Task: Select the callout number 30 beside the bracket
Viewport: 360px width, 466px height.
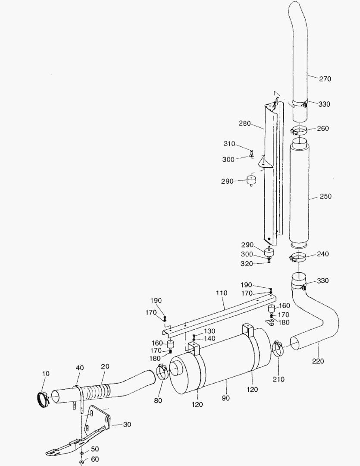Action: click(127, 424)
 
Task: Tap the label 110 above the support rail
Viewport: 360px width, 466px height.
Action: click(222, 293)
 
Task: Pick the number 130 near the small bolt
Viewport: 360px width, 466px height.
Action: click(210, 331)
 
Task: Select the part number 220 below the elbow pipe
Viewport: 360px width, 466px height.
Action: click(319, 361)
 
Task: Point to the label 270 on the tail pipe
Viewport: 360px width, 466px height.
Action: click(325, 79)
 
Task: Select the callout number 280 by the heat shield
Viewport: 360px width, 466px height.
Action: click(245, 123)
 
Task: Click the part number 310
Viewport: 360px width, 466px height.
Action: click(229, 144)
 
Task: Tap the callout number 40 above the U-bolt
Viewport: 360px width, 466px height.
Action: click(80, 368)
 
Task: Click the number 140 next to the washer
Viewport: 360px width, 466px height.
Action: click(210, 339)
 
